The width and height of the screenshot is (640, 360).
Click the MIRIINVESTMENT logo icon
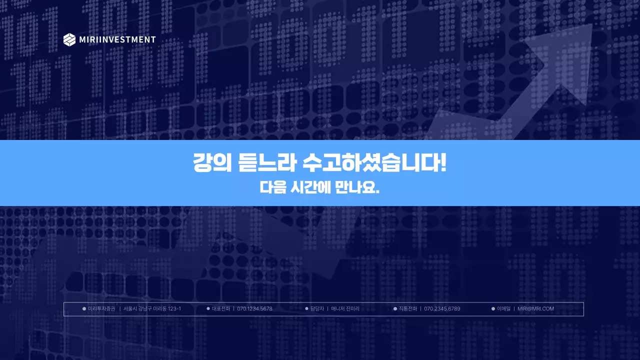point(69,39)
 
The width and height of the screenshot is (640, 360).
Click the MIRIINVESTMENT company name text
point(117,39)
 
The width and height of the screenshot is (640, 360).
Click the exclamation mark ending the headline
point(443,163)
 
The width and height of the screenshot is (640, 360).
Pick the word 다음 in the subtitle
point(272,187)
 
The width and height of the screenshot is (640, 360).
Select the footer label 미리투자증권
point(101,309)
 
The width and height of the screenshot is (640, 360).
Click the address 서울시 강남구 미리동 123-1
point(152,309)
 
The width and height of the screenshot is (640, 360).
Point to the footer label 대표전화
point(221,309)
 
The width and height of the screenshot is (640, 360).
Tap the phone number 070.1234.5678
point(254,309)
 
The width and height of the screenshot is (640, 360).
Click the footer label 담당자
point(317,309)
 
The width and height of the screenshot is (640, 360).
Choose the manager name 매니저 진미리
point(345,309)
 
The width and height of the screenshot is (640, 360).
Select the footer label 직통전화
point(407,309)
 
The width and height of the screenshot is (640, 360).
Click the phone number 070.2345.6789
point(442,309)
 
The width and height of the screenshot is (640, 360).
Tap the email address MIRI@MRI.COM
point(535,309)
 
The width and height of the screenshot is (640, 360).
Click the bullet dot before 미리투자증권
point(84,309)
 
